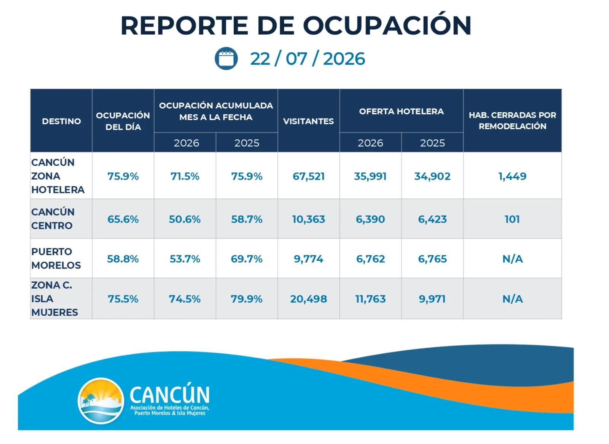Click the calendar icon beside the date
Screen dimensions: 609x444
click(226, 59)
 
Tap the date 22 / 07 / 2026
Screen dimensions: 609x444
click(308, 59)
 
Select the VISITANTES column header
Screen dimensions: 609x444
click(308, 121)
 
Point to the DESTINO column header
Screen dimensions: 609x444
click(61, 121)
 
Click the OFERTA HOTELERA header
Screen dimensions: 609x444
click(401, 111)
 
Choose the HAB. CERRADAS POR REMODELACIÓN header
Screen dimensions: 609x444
click(512, 121)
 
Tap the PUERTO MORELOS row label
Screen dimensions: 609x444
click(56, 259)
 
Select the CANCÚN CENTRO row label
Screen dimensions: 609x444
click(53, 219)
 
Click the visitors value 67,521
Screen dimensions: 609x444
click(309, 177)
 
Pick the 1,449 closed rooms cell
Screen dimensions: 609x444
click(512, 177)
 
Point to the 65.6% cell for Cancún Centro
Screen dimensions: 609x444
click(123, 219)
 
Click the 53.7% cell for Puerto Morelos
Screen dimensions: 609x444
click(185, 259)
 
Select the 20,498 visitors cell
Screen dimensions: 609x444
click(309, 299)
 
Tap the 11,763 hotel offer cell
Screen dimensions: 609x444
click(370, 299)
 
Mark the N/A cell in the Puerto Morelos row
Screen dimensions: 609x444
click(512, 259)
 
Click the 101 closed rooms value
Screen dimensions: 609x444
click(512, 219)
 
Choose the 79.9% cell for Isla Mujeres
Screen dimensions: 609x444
click(247, 299)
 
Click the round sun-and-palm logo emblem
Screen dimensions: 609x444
click(101, 401)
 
